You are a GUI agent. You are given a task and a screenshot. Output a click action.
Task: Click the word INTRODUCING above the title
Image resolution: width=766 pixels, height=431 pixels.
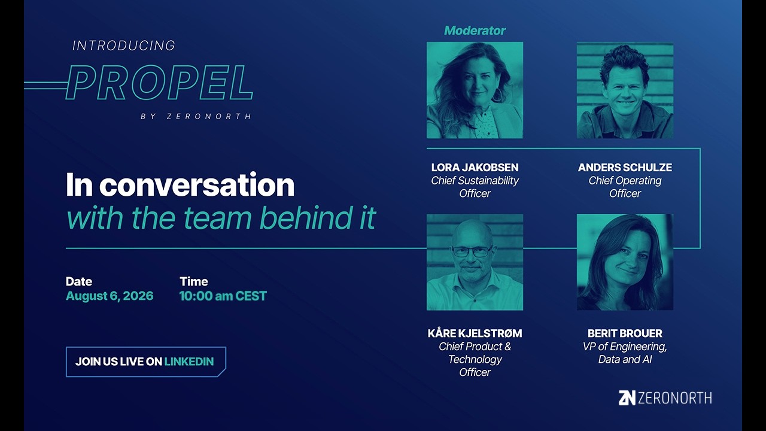[124, 46]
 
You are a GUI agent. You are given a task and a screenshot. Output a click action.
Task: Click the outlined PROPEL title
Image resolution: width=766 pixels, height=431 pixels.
[159, 83]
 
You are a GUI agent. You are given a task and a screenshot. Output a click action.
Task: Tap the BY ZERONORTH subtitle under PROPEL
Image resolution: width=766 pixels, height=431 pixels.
[196, 116]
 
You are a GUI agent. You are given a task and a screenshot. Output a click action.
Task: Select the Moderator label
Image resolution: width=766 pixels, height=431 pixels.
[475, 31]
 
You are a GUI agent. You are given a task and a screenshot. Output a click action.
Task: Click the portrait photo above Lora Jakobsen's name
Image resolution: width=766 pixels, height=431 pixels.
[475, 90]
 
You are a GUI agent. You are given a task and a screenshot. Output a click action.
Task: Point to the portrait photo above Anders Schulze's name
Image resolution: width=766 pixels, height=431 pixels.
[625, 90]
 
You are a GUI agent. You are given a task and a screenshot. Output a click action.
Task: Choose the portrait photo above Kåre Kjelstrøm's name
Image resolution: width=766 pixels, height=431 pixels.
[475, 262]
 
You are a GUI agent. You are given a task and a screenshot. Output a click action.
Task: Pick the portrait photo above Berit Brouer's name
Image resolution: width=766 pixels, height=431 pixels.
[625, 262]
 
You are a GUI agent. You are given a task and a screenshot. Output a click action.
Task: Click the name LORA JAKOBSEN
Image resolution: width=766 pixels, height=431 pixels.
[475, 167]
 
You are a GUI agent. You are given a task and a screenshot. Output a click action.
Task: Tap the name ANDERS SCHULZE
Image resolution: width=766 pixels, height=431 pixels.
[625, 167]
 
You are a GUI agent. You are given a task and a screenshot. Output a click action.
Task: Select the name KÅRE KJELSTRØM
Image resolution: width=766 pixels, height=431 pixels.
[475, 333]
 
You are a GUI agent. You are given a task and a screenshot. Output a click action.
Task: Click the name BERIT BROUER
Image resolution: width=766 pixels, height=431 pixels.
[625, 333]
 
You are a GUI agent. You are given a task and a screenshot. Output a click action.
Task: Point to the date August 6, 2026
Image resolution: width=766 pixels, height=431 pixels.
[110, 296]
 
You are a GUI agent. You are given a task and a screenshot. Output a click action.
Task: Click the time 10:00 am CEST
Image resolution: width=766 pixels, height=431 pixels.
[223, 296]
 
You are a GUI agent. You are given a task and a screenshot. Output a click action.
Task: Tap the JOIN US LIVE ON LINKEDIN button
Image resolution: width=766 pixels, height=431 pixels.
[146, 362]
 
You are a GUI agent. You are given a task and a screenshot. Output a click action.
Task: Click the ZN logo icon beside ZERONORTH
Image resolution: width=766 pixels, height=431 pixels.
[627, 398]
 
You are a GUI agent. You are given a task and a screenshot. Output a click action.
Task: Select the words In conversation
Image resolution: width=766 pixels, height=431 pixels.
[180, 185]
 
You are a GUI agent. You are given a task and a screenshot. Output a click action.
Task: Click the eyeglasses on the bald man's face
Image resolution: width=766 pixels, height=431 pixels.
[472, 251]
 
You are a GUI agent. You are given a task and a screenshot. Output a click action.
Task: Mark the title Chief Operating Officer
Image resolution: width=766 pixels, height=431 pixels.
[625, 187]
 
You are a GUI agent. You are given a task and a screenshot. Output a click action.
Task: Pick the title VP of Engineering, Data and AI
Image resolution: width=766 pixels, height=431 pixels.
[625, 353]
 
